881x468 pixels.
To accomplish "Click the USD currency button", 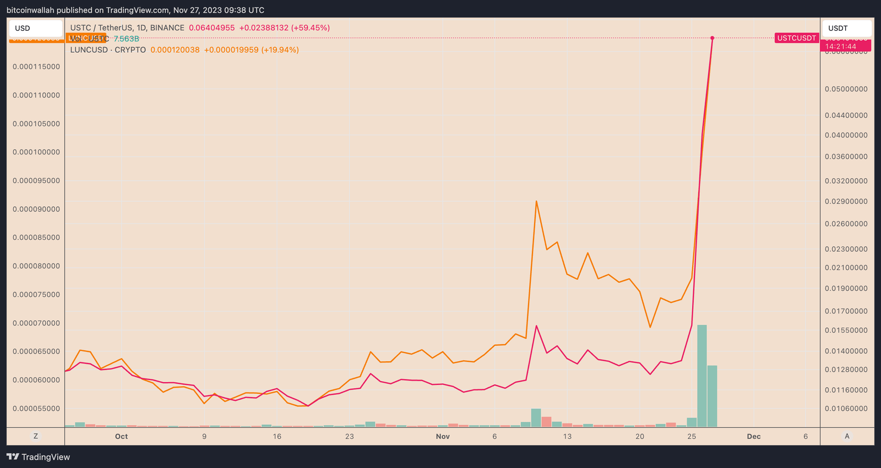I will [x=35, y=28].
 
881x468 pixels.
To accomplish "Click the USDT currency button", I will [x=846, y=28].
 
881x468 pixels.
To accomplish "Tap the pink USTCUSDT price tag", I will [x=796, y=38].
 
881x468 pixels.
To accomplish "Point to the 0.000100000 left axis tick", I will [x=36, y=152].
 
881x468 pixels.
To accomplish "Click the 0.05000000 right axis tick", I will [x=846, y=89].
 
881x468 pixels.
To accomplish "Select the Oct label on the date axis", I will [x=121, y=437].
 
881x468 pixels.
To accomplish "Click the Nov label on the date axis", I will [x=443, y=437].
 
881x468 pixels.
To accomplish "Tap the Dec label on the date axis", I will [x=754, y=437].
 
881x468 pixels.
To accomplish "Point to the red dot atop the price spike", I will [x=713, y=38].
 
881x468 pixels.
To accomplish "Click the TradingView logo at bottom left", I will [x=39, y=457].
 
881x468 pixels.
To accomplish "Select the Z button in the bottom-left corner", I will [x=36, y=436].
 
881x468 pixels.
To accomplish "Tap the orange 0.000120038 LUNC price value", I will [x=175, y=50].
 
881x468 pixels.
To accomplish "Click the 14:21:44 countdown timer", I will [x=840, y=47].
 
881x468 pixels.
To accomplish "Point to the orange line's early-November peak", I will [x=536, y=201].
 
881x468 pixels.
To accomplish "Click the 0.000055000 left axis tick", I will [x=36, y=409].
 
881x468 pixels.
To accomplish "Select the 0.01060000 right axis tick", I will [x=846, y=409].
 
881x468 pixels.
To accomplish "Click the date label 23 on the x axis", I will [x=350, y=437].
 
